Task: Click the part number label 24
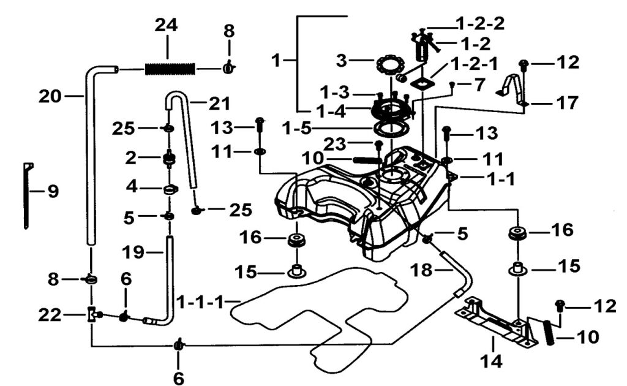point(166,26)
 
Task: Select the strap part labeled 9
point(28,195)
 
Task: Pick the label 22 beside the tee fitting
point(50,315)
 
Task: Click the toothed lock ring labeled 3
point(389,63)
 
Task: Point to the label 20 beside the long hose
point(51,96)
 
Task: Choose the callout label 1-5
point(296,129)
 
